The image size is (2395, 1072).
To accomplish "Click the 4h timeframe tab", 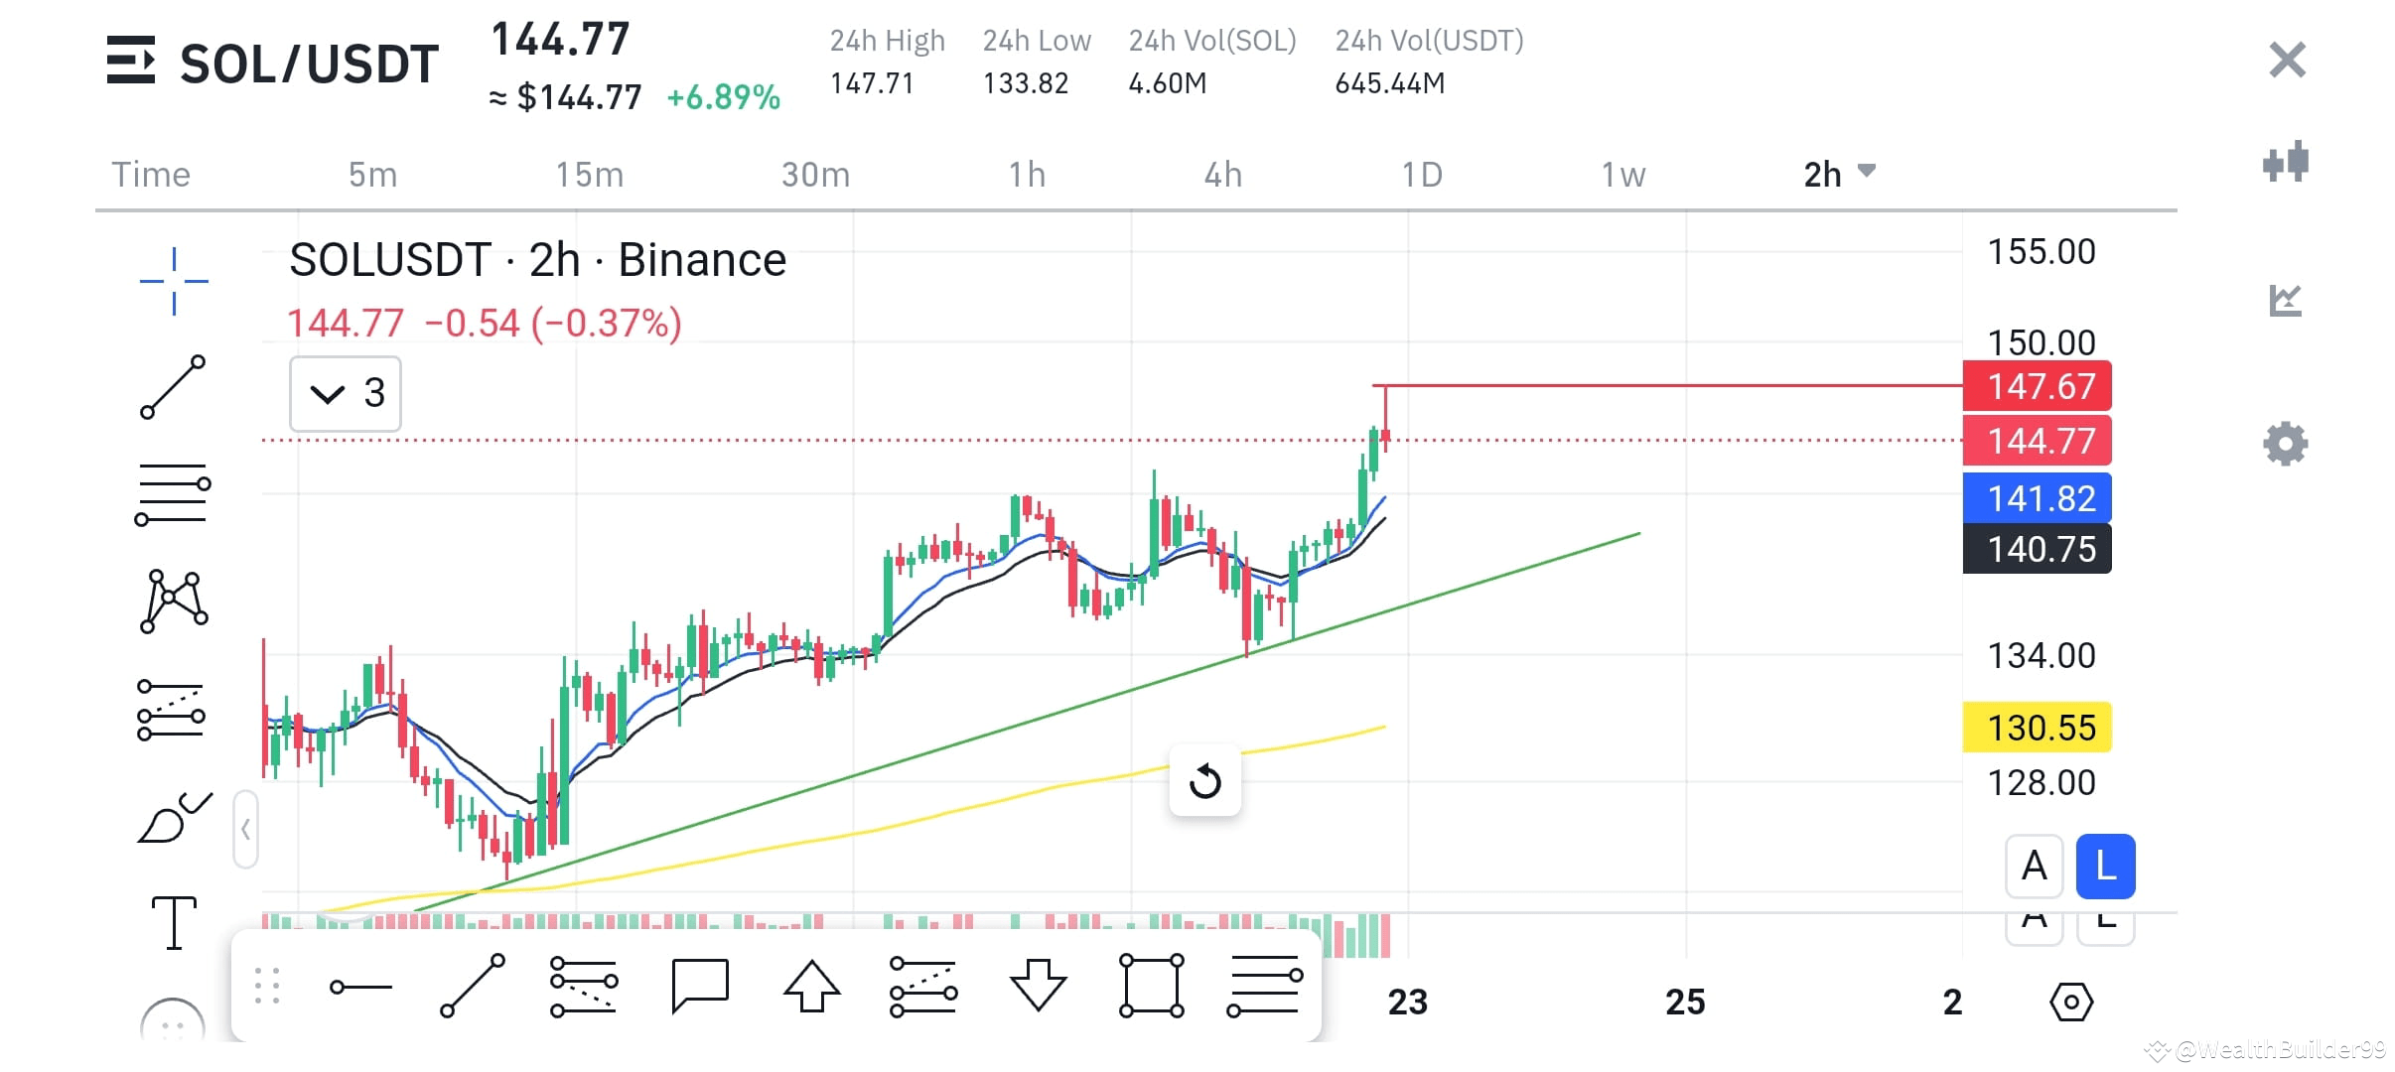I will [x=1222, y=175].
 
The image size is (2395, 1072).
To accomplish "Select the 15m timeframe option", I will [x=589, y=175].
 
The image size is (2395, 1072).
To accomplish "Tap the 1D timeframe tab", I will [x=1421, y=175].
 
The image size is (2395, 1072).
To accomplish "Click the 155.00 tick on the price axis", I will [x=2041, y=252].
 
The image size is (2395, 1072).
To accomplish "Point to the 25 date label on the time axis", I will [x=1685, y=1002].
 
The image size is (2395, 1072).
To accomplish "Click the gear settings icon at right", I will [x=2285, y=444].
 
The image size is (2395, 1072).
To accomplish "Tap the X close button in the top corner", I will [x=2287, y=61].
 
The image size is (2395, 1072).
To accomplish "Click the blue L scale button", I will [x=2105, y=867].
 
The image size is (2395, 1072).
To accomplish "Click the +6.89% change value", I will [x=723, y=97].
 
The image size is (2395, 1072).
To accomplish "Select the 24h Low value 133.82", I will [x=1025, y=83].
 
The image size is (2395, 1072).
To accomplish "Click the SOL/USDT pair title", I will [x=309, y=65].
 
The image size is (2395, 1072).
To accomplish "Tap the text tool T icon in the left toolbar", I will [x=174, y=922].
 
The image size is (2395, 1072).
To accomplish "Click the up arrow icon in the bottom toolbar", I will [x=811, y=986].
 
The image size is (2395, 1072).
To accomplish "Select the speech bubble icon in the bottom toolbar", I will [x=699, y=986].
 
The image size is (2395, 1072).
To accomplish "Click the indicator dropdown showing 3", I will [x=345, y=394].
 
